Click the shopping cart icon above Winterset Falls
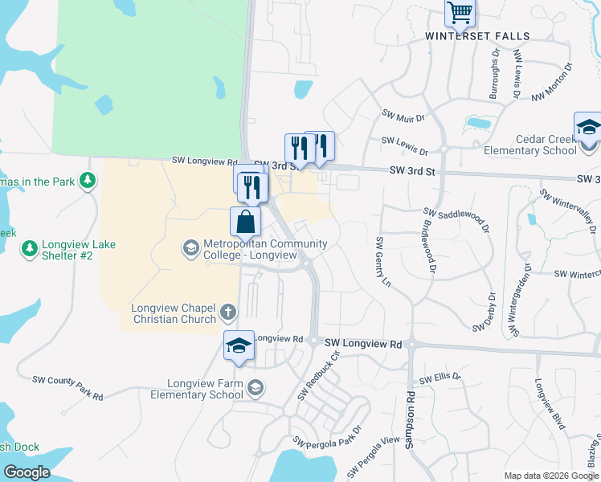pos(460,12)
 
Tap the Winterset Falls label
pos(477,36)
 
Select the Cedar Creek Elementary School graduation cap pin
pos(587,128)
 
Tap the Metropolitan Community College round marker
pos(190,247)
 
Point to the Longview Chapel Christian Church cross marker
pos(228,311)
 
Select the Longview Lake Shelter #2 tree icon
pos(30,248)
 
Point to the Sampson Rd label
pos(410,419)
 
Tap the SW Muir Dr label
pos(403,117)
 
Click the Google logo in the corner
pos(27,472)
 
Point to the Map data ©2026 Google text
pos(550,476)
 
